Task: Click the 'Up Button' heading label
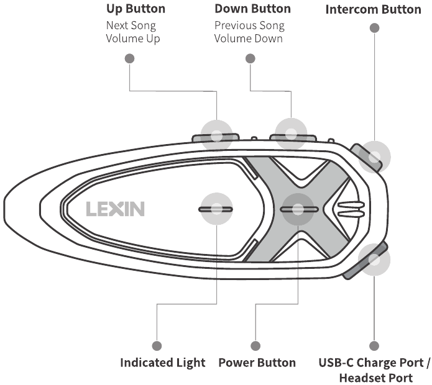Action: coord(136,9)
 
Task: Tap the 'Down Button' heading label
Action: coord(252,9)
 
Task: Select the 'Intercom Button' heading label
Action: coord(373,9)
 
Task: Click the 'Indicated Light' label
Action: coord(162,363)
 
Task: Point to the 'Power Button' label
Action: coord(257,363)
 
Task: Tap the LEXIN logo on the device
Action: coord(115,209)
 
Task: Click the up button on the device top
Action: coord(216,136)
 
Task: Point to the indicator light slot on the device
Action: coord(216,209)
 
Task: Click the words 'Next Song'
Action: coord(131,25)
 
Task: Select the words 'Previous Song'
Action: coord(249,25)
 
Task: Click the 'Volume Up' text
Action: coord(132,38)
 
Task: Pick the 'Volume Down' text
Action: coord(249,38)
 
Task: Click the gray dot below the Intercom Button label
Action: coord(374,28)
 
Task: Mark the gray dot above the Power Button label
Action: coord(255,345)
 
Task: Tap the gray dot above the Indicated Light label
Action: coord(157,345)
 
